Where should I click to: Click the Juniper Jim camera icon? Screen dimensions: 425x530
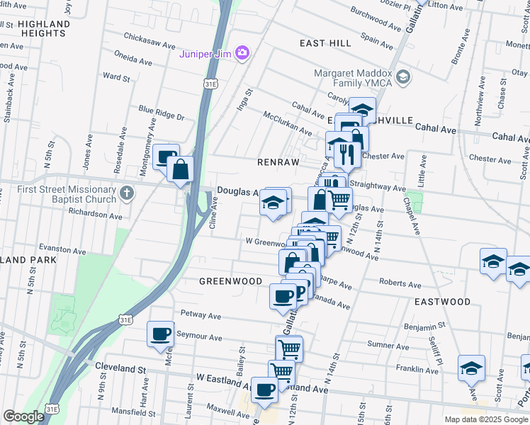pyautogui.click(x=242, y=52)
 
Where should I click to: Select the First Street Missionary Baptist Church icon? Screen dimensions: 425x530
pyautogui.click(x=126, y=193)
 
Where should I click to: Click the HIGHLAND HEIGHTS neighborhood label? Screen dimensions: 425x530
pyautogui.click(x=44, y=28)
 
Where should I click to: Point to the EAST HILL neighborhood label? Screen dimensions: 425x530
pyautogui.click(x=325, y=43)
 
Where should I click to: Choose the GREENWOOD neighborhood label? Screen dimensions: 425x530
pyautogui.click(x=230, y=280)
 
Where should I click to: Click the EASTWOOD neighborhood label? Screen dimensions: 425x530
pyautogui.click(x=442, y=302)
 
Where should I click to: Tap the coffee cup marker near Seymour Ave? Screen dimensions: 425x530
pyautogui.click(x=160, y=334)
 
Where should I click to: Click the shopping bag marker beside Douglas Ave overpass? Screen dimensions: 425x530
pyautogui.click(x=181, y=169)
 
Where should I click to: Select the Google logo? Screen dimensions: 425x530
pyautogui.click(x=23, y=416)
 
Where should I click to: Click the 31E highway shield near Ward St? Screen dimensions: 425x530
pyautogui.click(x=210, y=84)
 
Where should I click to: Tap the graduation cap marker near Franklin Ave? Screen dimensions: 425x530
pyautogui.click(x=471, y=368)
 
